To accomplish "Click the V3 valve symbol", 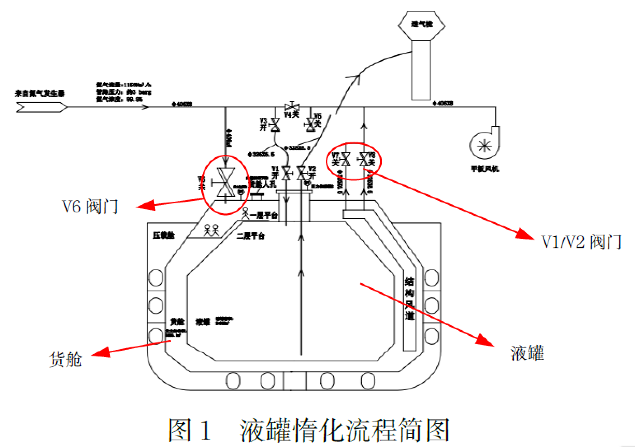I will pos(275,124).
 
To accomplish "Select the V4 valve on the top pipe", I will pos(292,106).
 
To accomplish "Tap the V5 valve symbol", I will pos(310,124).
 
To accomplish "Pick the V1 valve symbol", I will pos(286,173).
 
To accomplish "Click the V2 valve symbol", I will pos(302,173).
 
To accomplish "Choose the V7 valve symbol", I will pos(346,159).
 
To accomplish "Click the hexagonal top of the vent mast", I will pos(421,25).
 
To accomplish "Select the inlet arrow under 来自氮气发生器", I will pos(41,107).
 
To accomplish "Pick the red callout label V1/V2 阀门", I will pos(582,242).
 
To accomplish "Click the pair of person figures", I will pos(211,230).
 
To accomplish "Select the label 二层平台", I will pos(251,236).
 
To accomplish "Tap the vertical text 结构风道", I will pos(409,298).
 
